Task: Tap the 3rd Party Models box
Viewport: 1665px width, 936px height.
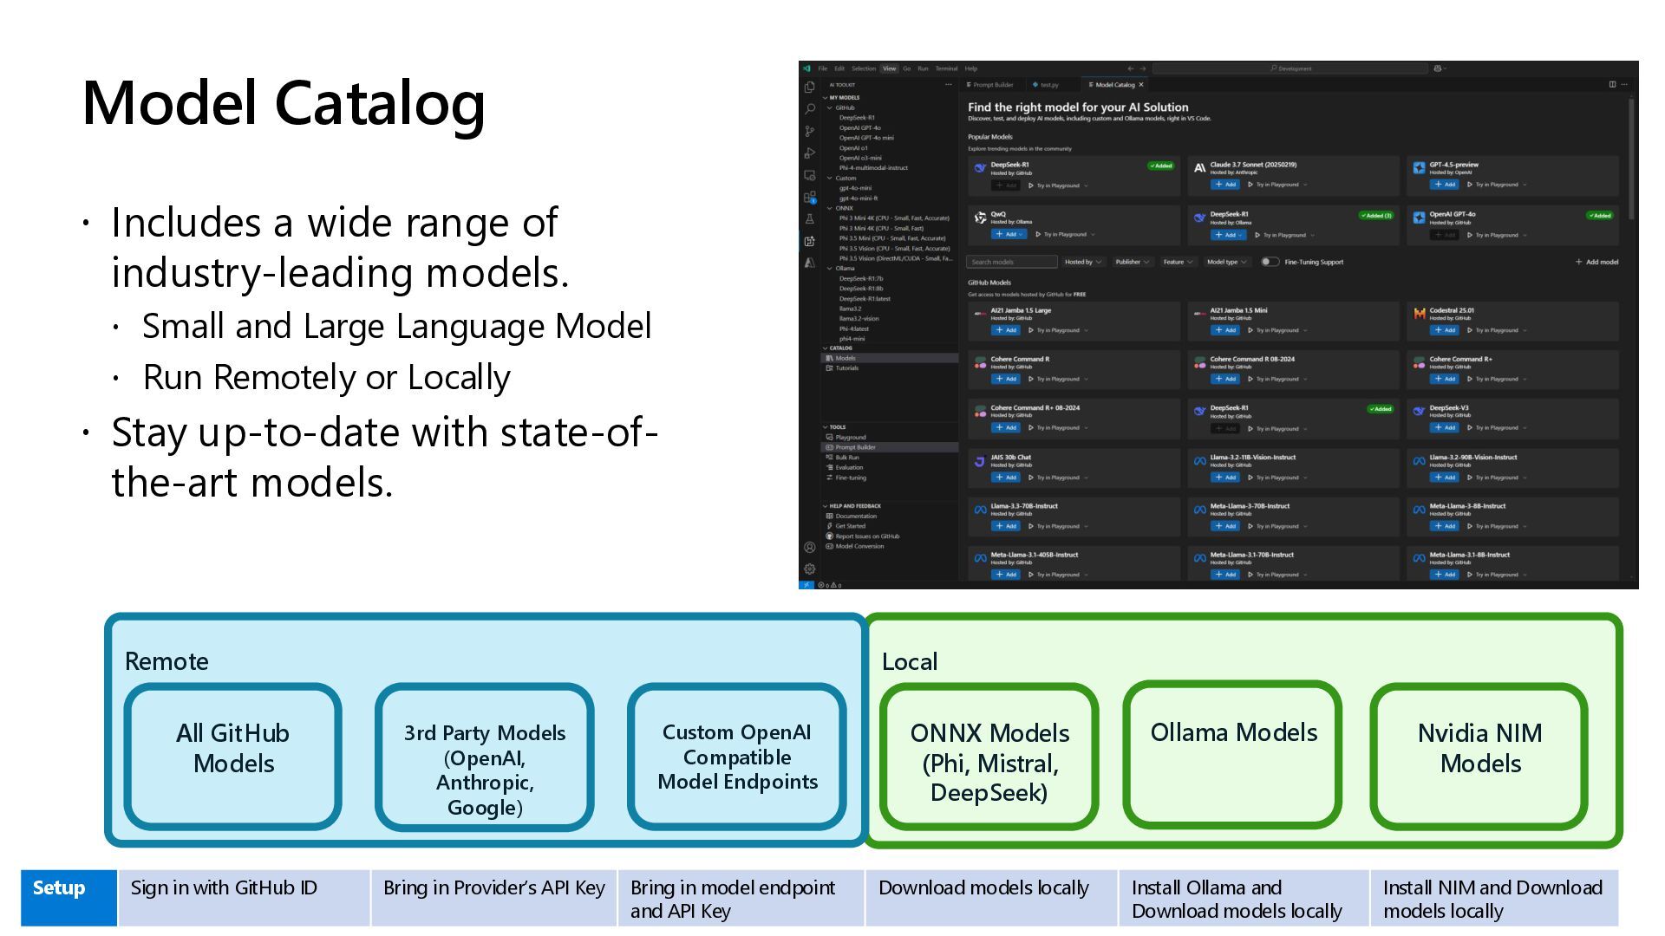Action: (x=484, y=757)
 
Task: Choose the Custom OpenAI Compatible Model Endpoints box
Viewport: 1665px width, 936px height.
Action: (x=737, y=757)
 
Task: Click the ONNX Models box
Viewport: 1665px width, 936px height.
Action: (x=989, y=757)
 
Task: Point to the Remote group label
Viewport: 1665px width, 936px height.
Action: (x=166, y=661)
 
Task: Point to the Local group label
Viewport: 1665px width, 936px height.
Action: (x=909, y=661)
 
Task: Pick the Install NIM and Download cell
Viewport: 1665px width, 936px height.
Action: (x=1493, y=898)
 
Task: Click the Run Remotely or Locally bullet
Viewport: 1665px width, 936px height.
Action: (x=326, y=377)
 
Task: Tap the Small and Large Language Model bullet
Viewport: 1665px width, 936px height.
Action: (x=396, y=326)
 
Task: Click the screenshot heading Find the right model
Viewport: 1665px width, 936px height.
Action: (x=1078, y=107)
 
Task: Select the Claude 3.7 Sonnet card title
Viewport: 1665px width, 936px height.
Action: (x=1253, y=165)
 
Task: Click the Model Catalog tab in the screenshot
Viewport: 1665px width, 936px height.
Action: (x=1114, y=85)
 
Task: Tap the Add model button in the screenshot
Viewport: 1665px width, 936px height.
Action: (x=1596, y=262)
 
